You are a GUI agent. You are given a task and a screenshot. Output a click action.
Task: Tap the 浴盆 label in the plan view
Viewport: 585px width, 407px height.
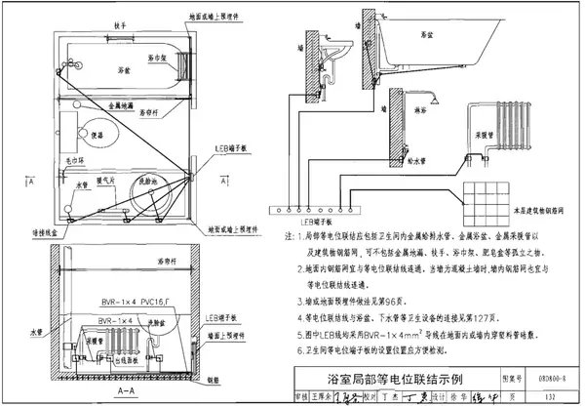point(125,70)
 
